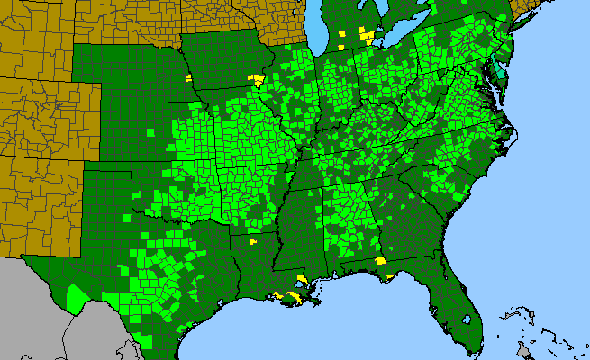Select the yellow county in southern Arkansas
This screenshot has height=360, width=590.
(x=253, y=240)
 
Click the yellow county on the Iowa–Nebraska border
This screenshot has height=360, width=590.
(x=188, y=78)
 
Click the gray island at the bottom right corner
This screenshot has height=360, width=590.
(x=522, y=347)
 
